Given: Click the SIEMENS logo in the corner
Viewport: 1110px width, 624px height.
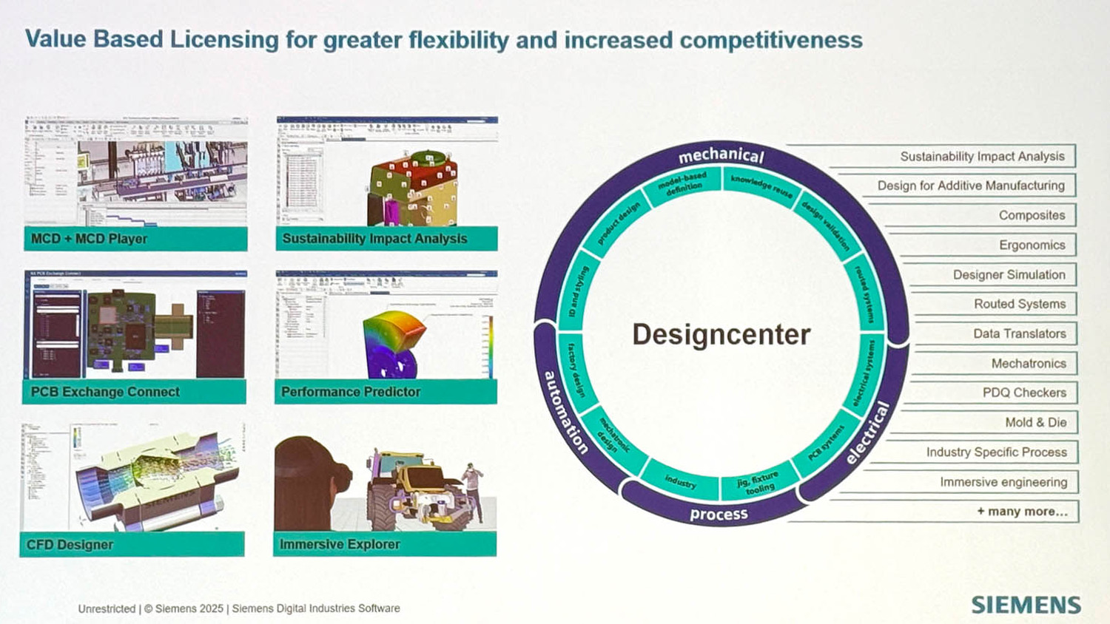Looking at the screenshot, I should click(1026, 604).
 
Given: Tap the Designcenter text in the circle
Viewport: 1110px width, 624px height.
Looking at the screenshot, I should click(721, 334).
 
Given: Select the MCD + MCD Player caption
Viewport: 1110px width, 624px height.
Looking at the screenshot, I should click(89, 239).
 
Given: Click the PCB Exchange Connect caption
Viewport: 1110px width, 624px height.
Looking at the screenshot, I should click(105, 392).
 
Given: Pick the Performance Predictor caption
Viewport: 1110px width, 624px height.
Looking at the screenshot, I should click(351, 392).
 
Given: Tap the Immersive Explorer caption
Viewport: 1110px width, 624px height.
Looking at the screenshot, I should click(340, 544).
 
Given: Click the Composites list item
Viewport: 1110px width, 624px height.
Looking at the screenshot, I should click(1032, 215).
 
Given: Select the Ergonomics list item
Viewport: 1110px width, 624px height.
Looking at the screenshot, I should click(1032, 245).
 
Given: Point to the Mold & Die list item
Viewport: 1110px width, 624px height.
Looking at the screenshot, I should click(1035, 422).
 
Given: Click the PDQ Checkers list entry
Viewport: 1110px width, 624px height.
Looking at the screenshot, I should click(1024, 393).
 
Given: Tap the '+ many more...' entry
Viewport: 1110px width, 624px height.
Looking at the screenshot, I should click(1022, 511).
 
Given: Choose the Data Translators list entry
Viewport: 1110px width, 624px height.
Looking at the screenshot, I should click(1019, 333).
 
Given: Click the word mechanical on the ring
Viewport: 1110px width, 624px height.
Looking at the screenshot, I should click(721, 155).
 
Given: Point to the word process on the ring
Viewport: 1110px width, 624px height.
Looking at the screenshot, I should click(719, 514).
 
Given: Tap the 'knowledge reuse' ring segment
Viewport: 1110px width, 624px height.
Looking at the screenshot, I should click(761, 186).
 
